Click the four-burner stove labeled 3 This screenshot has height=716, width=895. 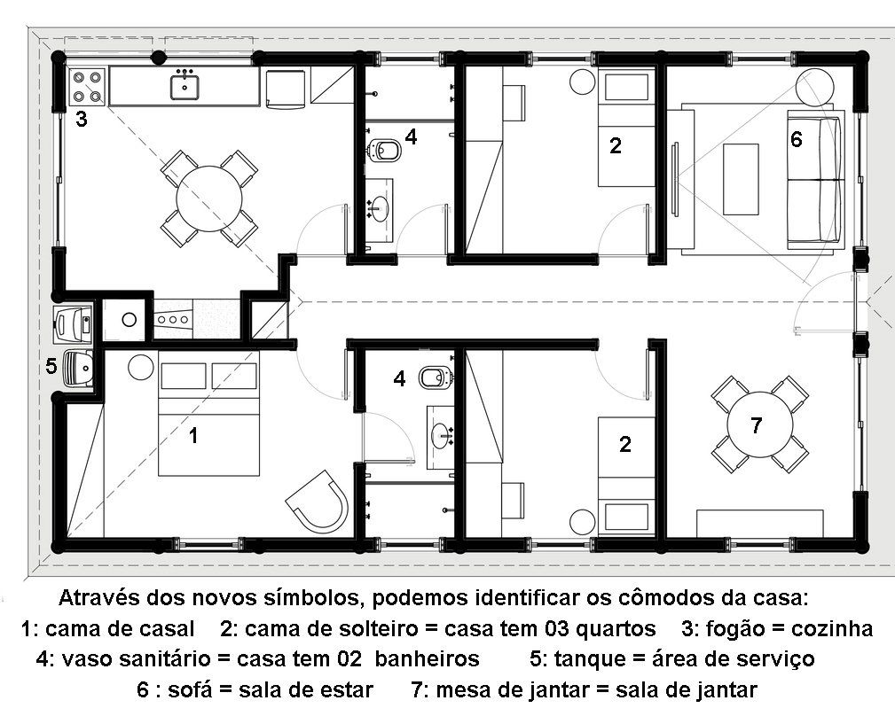coord(87,87)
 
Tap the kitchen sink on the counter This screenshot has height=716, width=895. coord(184,86)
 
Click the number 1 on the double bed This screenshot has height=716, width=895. coord(193,436)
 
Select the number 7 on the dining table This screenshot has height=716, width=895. coord(757,425)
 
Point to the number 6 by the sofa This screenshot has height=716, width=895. coord(797,139)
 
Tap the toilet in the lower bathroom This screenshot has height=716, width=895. coord(435,377)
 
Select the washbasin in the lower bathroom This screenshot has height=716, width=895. coord(441,435)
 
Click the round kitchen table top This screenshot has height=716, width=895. coord(209,199)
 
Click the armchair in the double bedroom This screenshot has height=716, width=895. coord(318,501)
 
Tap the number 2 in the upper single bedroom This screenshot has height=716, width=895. coord(615,146)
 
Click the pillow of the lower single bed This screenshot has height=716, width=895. coord(626,517)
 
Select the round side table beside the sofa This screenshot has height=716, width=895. coord(816,86)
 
